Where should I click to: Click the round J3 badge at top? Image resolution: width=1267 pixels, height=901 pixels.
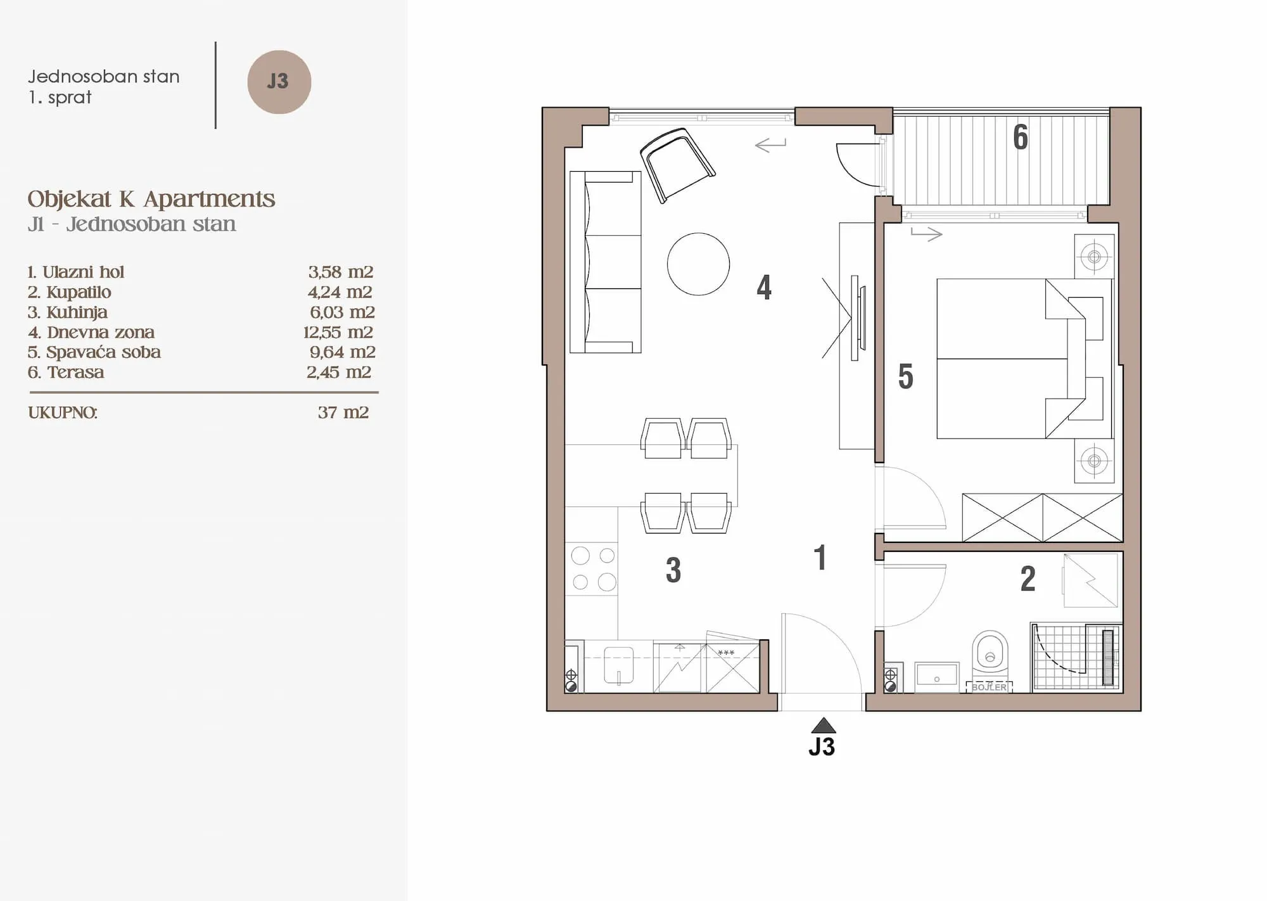click(279, 82)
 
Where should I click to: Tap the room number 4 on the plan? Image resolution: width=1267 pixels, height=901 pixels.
click(764, 288)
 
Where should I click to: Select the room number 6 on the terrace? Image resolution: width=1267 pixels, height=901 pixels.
click(1021, 137)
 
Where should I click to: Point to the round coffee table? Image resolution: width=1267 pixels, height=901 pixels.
click(698, 264)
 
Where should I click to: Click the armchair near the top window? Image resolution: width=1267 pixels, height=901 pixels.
click(677, 165)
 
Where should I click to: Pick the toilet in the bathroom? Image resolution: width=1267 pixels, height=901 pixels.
click(990, 653)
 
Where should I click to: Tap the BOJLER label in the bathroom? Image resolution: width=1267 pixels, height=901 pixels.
click(989, 687)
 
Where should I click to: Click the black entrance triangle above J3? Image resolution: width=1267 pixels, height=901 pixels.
click(823, 725)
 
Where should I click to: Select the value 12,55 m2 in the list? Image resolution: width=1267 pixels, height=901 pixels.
click(338, 332)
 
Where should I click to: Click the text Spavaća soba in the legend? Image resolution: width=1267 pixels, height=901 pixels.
click(103, 352)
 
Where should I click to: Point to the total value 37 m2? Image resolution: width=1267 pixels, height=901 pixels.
click(343, 412)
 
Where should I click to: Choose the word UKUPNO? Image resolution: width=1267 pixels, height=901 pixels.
click(63, 412)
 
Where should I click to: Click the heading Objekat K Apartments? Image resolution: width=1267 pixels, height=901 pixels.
click(151, 199)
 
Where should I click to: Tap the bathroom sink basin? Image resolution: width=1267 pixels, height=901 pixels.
click(937, 677)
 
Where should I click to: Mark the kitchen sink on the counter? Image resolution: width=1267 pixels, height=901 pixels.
click(619, 665)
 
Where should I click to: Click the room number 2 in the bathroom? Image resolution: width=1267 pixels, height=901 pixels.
click(1028, 579)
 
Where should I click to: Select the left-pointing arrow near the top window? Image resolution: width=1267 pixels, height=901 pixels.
click(770, 145)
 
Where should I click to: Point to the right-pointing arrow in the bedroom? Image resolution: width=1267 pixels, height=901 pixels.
click(927, 234)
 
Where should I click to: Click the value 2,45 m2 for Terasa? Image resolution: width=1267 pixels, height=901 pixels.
click(339, 372)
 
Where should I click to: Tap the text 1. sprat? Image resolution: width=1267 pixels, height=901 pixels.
click(60, 98)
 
